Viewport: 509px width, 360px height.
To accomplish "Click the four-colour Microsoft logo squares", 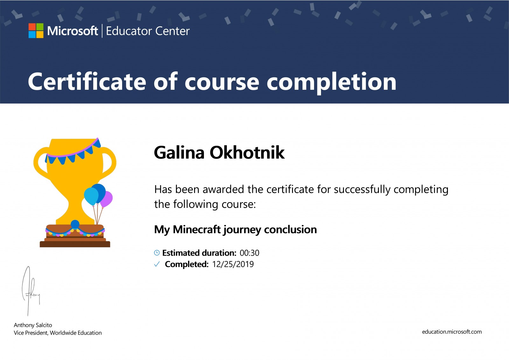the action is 36,31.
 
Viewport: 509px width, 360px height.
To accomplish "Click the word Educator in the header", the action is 127,31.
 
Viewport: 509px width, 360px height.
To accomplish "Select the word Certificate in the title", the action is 87,81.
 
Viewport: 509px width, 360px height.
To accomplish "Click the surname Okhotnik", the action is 247,152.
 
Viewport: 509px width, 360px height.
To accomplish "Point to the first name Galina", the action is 179,152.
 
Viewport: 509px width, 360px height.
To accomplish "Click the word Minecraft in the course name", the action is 197,229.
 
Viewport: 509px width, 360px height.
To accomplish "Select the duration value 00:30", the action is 249,253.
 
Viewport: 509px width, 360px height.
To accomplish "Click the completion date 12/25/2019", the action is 233,264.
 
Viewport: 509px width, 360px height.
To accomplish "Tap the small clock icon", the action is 157,253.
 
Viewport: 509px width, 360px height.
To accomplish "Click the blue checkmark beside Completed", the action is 157,264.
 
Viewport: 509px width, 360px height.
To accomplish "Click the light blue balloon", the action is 91,196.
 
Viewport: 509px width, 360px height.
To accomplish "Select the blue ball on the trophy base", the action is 75,224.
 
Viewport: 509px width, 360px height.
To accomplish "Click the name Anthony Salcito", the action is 33,325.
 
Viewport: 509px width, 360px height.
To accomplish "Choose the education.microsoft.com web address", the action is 452,332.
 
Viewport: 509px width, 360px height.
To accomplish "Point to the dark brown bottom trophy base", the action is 75,244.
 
